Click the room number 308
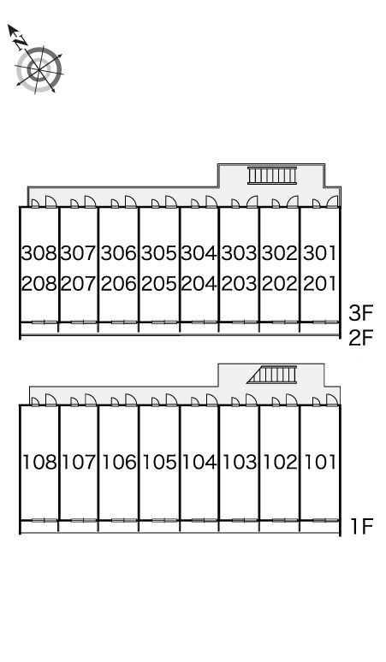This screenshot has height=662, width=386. tap(39, 253)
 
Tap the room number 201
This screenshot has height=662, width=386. tap(320, 283)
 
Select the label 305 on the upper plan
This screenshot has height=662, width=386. tap(159, 253)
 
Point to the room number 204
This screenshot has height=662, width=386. tap(199, 283)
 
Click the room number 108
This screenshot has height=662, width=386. tap(39, 463)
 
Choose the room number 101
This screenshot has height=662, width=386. tap(321, 463)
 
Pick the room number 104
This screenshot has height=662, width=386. tap(199, 463)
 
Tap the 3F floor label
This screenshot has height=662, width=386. tap(361, 313)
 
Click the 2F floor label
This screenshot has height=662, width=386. tap(361, 338)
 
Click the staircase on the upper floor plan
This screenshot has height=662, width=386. tap(272, 175)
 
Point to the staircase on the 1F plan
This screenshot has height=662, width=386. tap(272, 375)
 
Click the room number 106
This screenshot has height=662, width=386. tap(119, 463)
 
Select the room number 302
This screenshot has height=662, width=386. tap(280, 253)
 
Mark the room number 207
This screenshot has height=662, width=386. tap(79, 283)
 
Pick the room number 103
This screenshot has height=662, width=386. tap(240, 463)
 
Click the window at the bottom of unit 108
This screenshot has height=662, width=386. tap(45, 520)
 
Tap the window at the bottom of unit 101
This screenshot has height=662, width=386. tap(325, 520)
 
